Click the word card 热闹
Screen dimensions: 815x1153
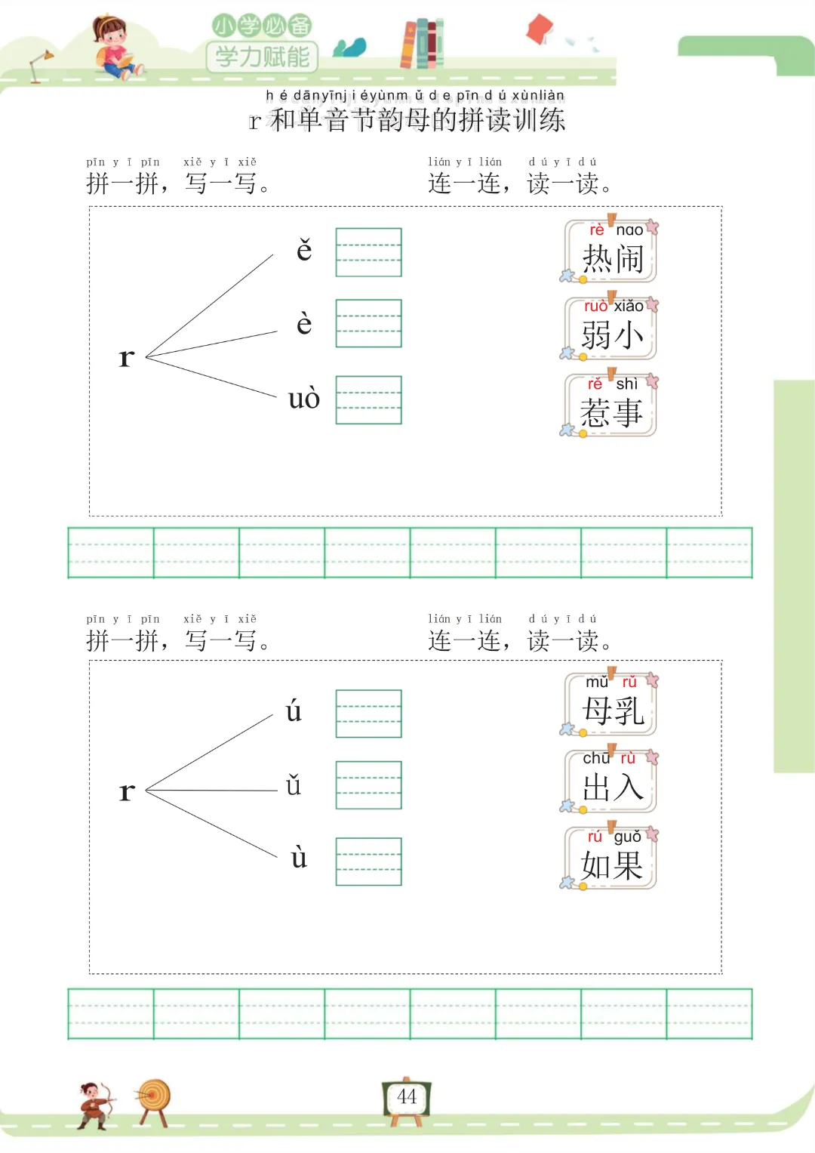(611, 252)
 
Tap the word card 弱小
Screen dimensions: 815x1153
(611, 329)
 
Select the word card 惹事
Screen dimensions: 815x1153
(611, 407)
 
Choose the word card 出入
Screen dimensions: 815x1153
(611, 782)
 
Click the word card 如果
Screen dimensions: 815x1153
(611, 859)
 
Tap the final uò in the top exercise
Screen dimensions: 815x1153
(304, 399)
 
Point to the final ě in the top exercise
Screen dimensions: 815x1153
(304, 250)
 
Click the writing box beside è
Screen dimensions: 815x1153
(368, 323)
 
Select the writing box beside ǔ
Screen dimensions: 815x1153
(368, 785)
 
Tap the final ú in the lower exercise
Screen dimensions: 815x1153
(294, 711)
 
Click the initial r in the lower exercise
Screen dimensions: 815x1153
(127, 791)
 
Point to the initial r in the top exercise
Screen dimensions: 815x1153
(127, 357)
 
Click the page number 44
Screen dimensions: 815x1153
(407, 1097)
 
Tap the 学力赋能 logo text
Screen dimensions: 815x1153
(263, 57)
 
